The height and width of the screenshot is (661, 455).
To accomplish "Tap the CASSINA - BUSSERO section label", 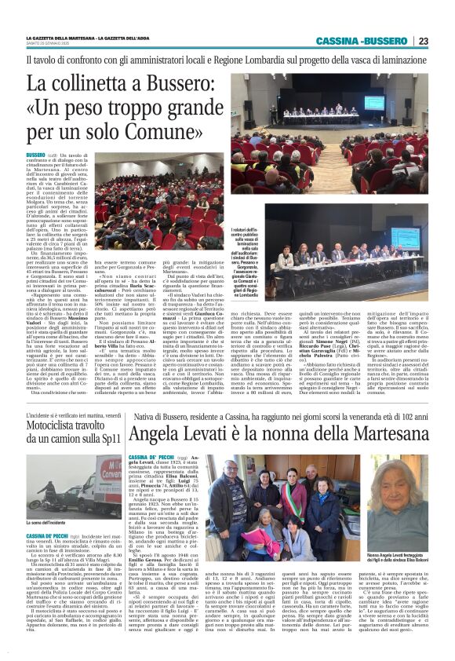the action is [x=362, y=41].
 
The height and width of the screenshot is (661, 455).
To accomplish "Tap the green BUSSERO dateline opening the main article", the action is [x=36, y=156].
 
